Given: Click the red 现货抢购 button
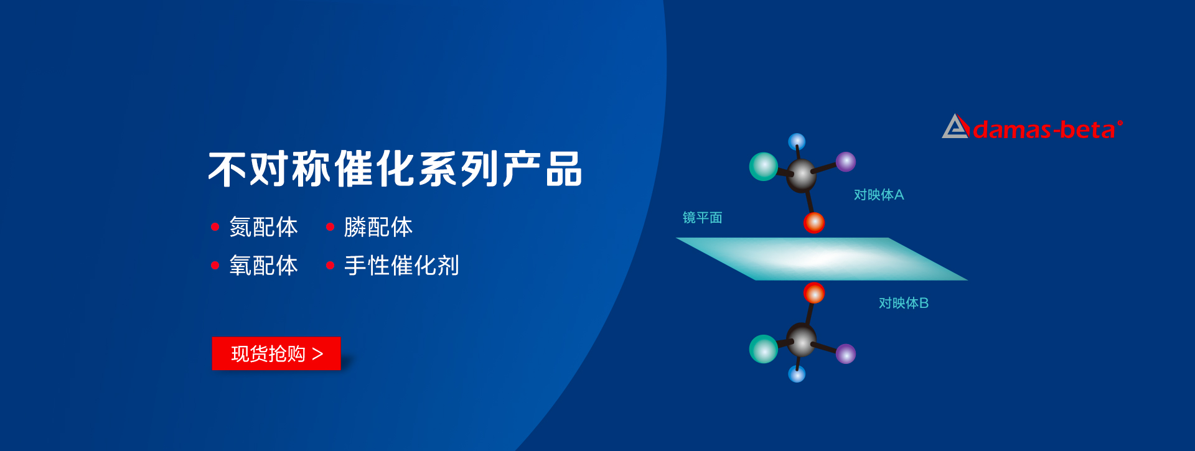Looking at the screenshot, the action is coord(276,353).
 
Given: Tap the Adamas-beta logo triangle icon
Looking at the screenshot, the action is coord(956,126).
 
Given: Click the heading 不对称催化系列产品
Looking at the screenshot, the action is coord(395,169).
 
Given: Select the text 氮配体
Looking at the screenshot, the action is coord(263,227).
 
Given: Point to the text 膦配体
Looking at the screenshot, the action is coord(378,227).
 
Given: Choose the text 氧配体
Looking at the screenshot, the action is coord(263,266).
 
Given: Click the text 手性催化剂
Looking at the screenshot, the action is coord(401,266).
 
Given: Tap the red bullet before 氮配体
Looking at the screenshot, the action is coord(215,227).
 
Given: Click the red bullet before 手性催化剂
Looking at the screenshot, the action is coord(330,266).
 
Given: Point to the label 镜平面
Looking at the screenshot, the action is coord(702,218).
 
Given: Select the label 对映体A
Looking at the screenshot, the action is coord(879,195).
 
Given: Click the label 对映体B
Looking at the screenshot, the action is coord(904,303).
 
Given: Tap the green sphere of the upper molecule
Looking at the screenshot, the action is coord(764,166).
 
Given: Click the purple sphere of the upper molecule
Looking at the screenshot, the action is coord(846,162).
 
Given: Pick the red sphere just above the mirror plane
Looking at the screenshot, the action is coord(814,222).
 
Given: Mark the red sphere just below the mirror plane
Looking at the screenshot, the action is coord(814,293).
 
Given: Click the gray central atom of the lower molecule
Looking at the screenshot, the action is coord(802,340).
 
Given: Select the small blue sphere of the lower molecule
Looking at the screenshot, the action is coord(797,374).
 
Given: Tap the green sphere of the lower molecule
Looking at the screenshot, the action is coord(764,349).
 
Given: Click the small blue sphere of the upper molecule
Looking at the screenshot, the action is coord(797,142).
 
